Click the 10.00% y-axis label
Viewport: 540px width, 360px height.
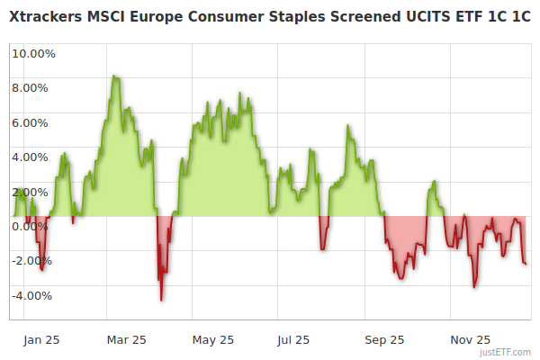(x=32, y=53)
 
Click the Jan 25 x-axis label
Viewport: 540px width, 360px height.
(x=41, y=340)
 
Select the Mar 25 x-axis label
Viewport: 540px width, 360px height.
(x=126, y=340)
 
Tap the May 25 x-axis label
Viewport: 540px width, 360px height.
(x=213, y=340)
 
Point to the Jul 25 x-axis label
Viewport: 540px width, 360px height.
(x=293, y=340)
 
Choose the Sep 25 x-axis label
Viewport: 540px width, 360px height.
(x=384, y=340)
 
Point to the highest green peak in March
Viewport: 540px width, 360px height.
(x=113, y=76)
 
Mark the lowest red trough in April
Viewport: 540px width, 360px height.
(x=161, y=300)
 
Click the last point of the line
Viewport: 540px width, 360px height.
(x=526, y=264)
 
